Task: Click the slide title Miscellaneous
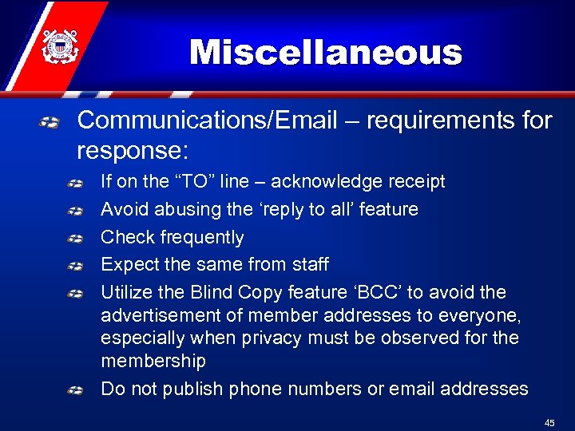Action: click(326, 53)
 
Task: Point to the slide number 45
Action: click(549, 423)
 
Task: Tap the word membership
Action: click(153, 361)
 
